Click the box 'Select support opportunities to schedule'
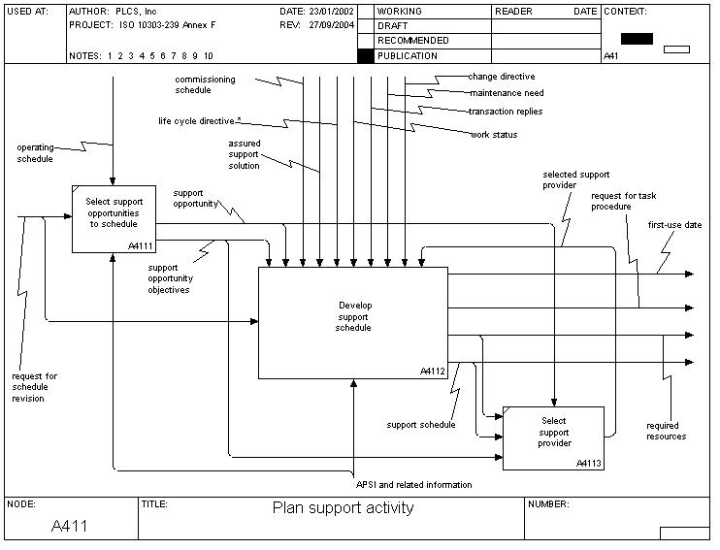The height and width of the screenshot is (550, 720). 114,218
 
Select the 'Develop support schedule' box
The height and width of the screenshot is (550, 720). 353,321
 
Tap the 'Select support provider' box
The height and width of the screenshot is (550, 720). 553,437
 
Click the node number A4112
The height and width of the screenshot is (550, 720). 432,372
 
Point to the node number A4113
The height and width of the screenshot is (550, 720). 588,464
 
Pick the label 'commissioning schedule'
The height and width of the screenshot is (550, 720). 206,83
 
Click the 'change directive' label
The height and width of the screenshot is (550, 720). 501,77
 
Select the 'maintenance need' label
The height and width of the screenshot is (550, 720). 507,94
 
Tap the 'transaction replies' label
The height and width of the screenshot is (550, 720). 505,112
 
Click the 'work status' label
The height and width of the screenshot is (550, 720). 494,135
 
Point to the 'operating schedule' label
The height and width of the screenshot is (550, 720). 35,152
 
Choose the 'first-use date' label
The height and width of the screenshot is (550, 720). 674,225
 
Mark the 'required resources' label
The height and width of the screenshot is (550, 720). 666,431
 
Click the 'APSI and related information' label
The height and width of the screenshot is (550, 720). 414,484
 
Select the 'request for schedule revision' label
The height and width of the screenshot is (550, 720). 35,387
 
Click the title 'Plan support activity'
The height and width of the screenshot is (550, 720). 343,507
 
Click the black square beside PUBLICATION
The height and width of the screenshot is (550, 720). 365,56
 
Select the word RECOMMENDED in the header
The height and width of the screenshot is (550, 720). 412,41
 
